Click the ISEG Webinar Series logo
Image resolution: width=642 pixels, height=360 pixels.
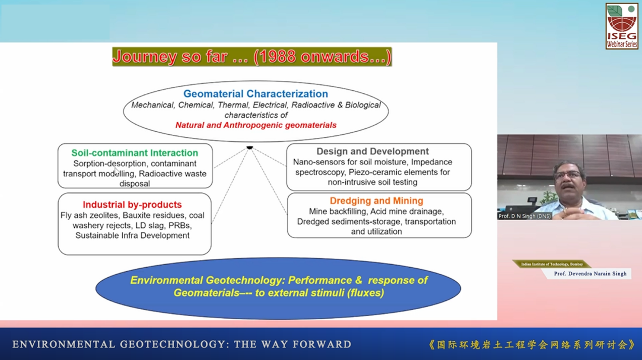[622, 26]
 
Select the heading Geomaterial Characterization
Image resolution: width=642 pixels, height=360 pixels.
[256, 94]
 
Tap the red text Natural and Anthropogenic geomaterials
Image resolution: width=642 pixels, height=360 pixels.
[256, 125]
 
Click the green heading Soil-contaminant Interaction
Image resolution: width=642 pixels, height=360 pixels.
[135, 153]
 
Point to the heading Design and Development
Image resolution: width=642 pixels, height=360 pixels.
[372, 151]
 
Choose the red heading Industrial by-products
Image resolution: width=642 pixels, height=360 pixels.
[132, 204]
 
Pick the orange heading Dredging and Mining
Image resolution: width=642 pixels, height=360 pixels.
[377, 200]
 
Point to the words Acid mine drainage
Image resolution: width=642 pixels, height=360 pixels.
[407, 212]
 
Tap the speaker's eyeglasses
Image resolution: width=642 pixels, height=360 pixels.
[568, 175]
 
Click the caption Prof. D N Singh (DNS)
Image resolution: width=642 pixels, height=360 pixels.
[524, 216]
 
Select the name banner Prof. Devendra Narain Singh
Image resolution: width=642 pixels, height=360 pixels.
[590, 274]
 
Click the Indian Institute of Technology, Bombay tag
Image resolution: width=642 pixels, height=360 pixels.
[552, 264]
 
